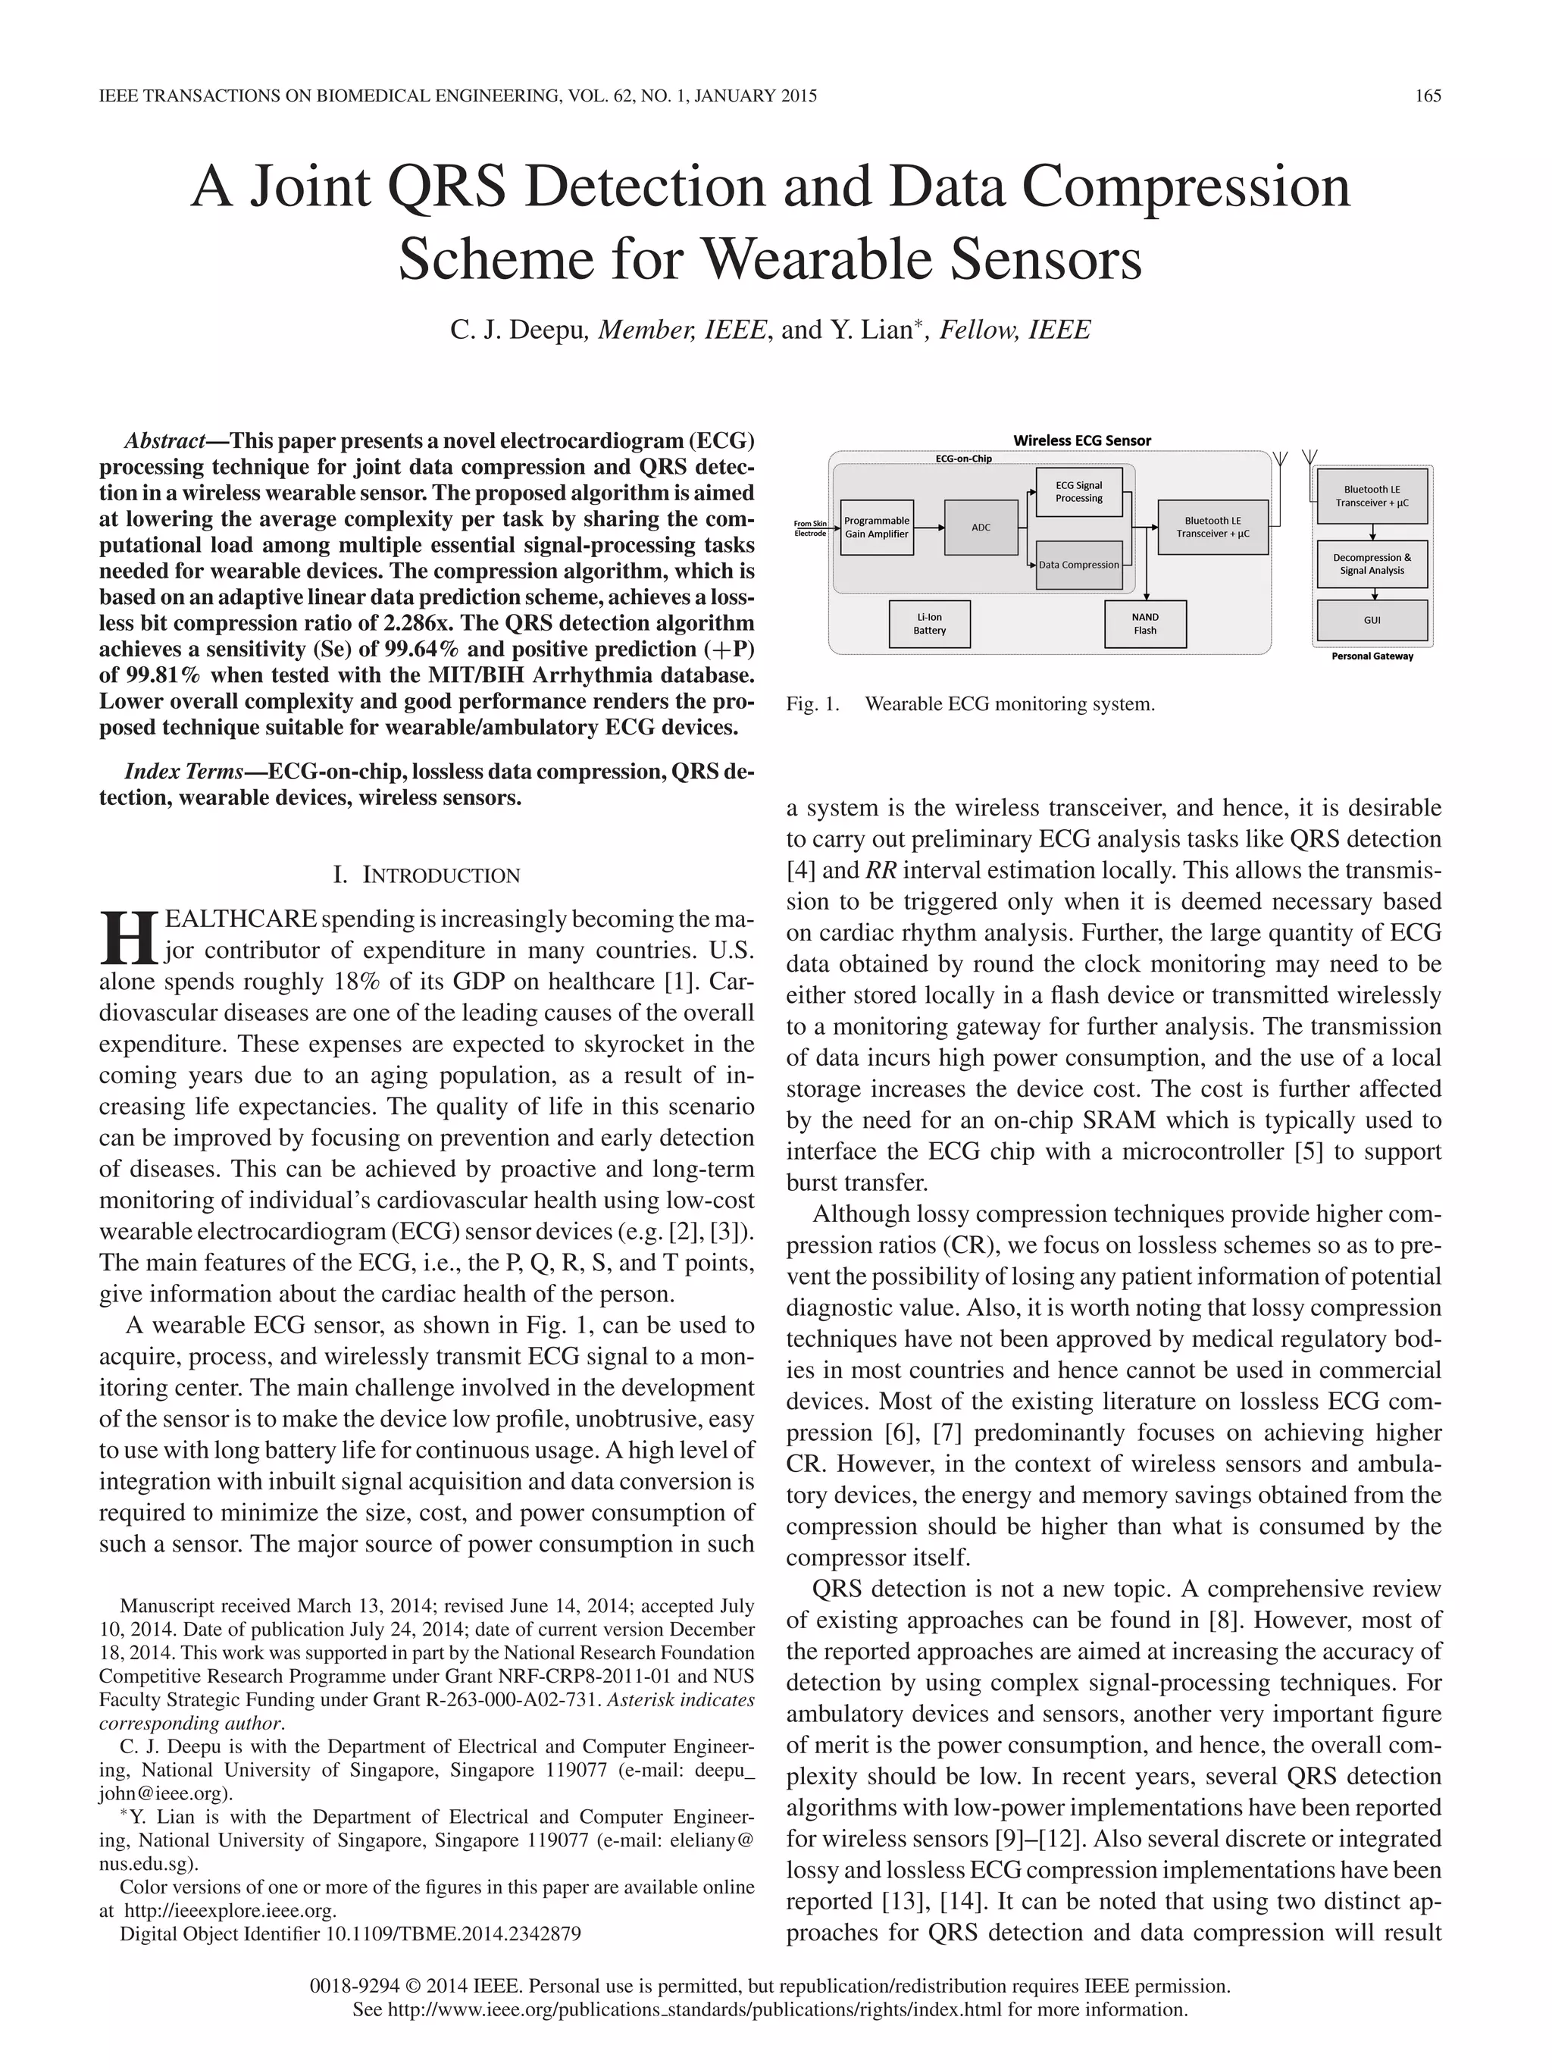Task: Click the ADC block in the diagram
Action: [x=981, y=527]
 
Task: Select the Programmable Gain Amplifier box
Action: [x=877, y=527]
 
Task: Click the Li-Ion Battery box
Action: [x=929, y=624]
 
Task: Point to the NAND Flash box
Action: [x=1145, y=624]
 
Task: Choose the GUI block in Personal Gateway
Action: [x=1372, y=619]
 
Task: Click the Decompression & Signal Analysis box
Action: [x=1372, y=563]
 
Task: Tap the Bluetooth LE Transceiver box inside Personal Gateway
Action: [x=1372, y=496]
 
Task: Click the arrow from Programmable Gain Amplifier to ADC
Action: [x=929, y=527]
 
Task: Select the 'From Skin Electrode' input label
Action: [x=810, y=528]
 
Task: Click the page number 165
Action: [x=1428, y=96]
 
